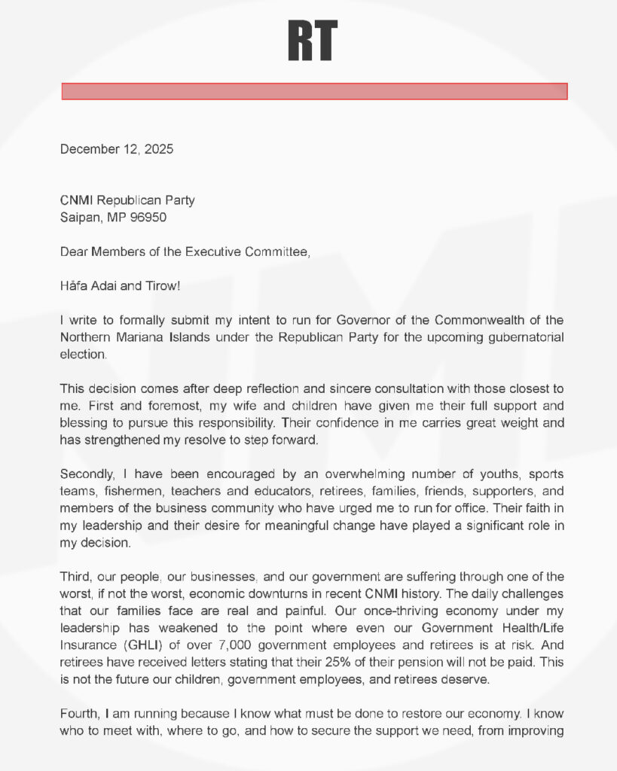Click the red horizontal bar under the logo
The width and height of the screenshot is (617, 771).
(314, 91)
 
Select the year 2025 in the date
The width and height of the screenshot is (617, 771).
(159, 149)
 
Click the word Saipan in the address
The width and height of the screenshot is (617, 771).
(80, 218)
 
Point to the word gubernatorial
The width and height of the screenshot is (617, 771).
(526, 337)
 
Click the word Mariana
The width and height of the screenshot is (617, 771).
(139, 337)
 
